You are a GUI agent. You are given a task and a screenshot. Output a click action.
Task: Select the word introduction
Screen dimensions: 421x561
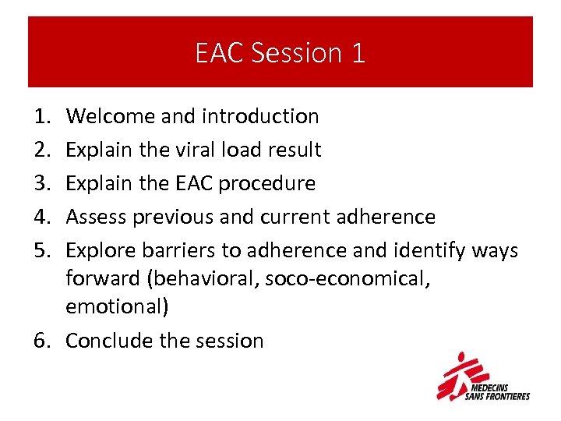(x=261, y=116)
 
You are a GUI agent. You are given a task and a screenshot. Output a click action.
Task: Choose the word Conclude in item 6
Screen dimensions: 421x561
(x=105, y=341)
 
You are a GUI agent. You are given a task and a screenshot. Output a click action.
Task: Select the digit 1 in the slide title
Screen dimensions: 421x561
(x=357, y=52)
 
